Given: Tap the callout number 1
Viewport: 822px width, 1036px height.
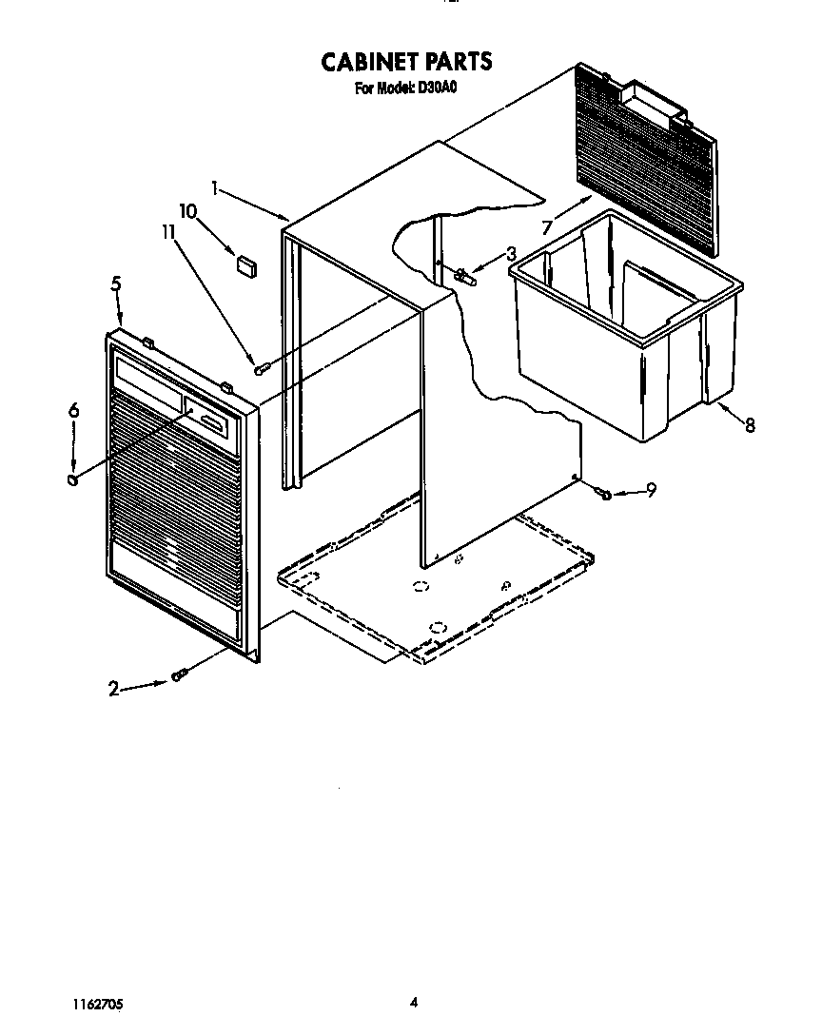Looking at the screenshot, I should point(216,189).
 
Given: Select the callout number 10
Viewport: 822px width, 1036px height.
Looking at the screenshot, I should point(187,211).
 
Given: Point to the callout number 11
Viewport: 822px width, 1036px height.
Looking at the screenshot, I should point(169,233).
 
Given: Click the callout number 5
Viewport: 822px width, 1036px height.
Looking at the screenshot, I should point(115,283).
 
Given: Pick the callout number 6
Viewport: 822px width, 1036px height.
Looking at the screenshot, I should point(73,411).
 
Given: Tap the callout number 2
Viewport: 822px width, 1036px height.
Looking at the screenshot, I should point(113,689).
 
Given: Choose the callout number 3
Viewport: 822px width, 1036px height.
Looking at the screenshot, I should point(511,254).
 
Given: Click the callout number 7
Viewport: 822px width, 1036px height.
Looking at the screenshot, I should point(546,228).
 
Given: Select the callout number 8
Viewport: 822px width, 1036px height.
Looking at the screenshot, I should point(750,425).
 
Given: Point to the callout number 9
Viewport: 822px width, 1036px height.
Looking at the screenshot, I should point(651,490).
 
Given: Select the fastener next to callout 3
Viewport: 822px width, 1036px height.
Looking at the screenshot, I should point(466,277).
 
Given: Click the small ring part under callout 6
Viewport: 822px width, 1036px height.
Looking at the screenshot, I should point(73,480).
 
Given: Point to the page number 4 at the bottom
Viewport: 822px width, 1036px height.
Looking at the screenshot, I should point(414,1002).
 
